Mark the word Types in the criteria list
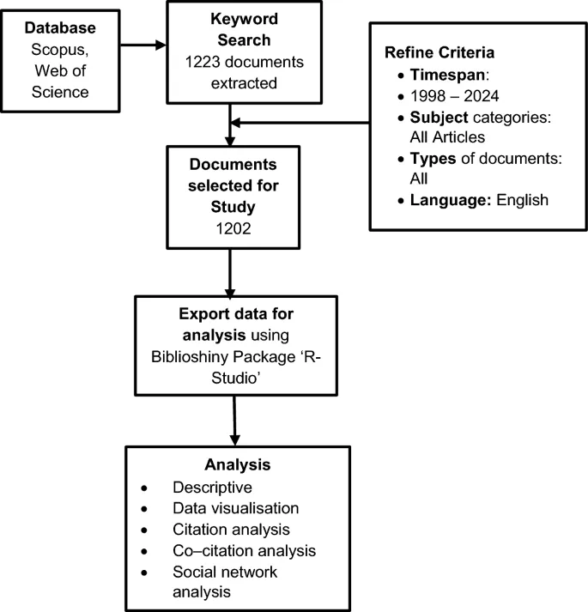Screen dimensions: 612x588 [426, 179]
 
